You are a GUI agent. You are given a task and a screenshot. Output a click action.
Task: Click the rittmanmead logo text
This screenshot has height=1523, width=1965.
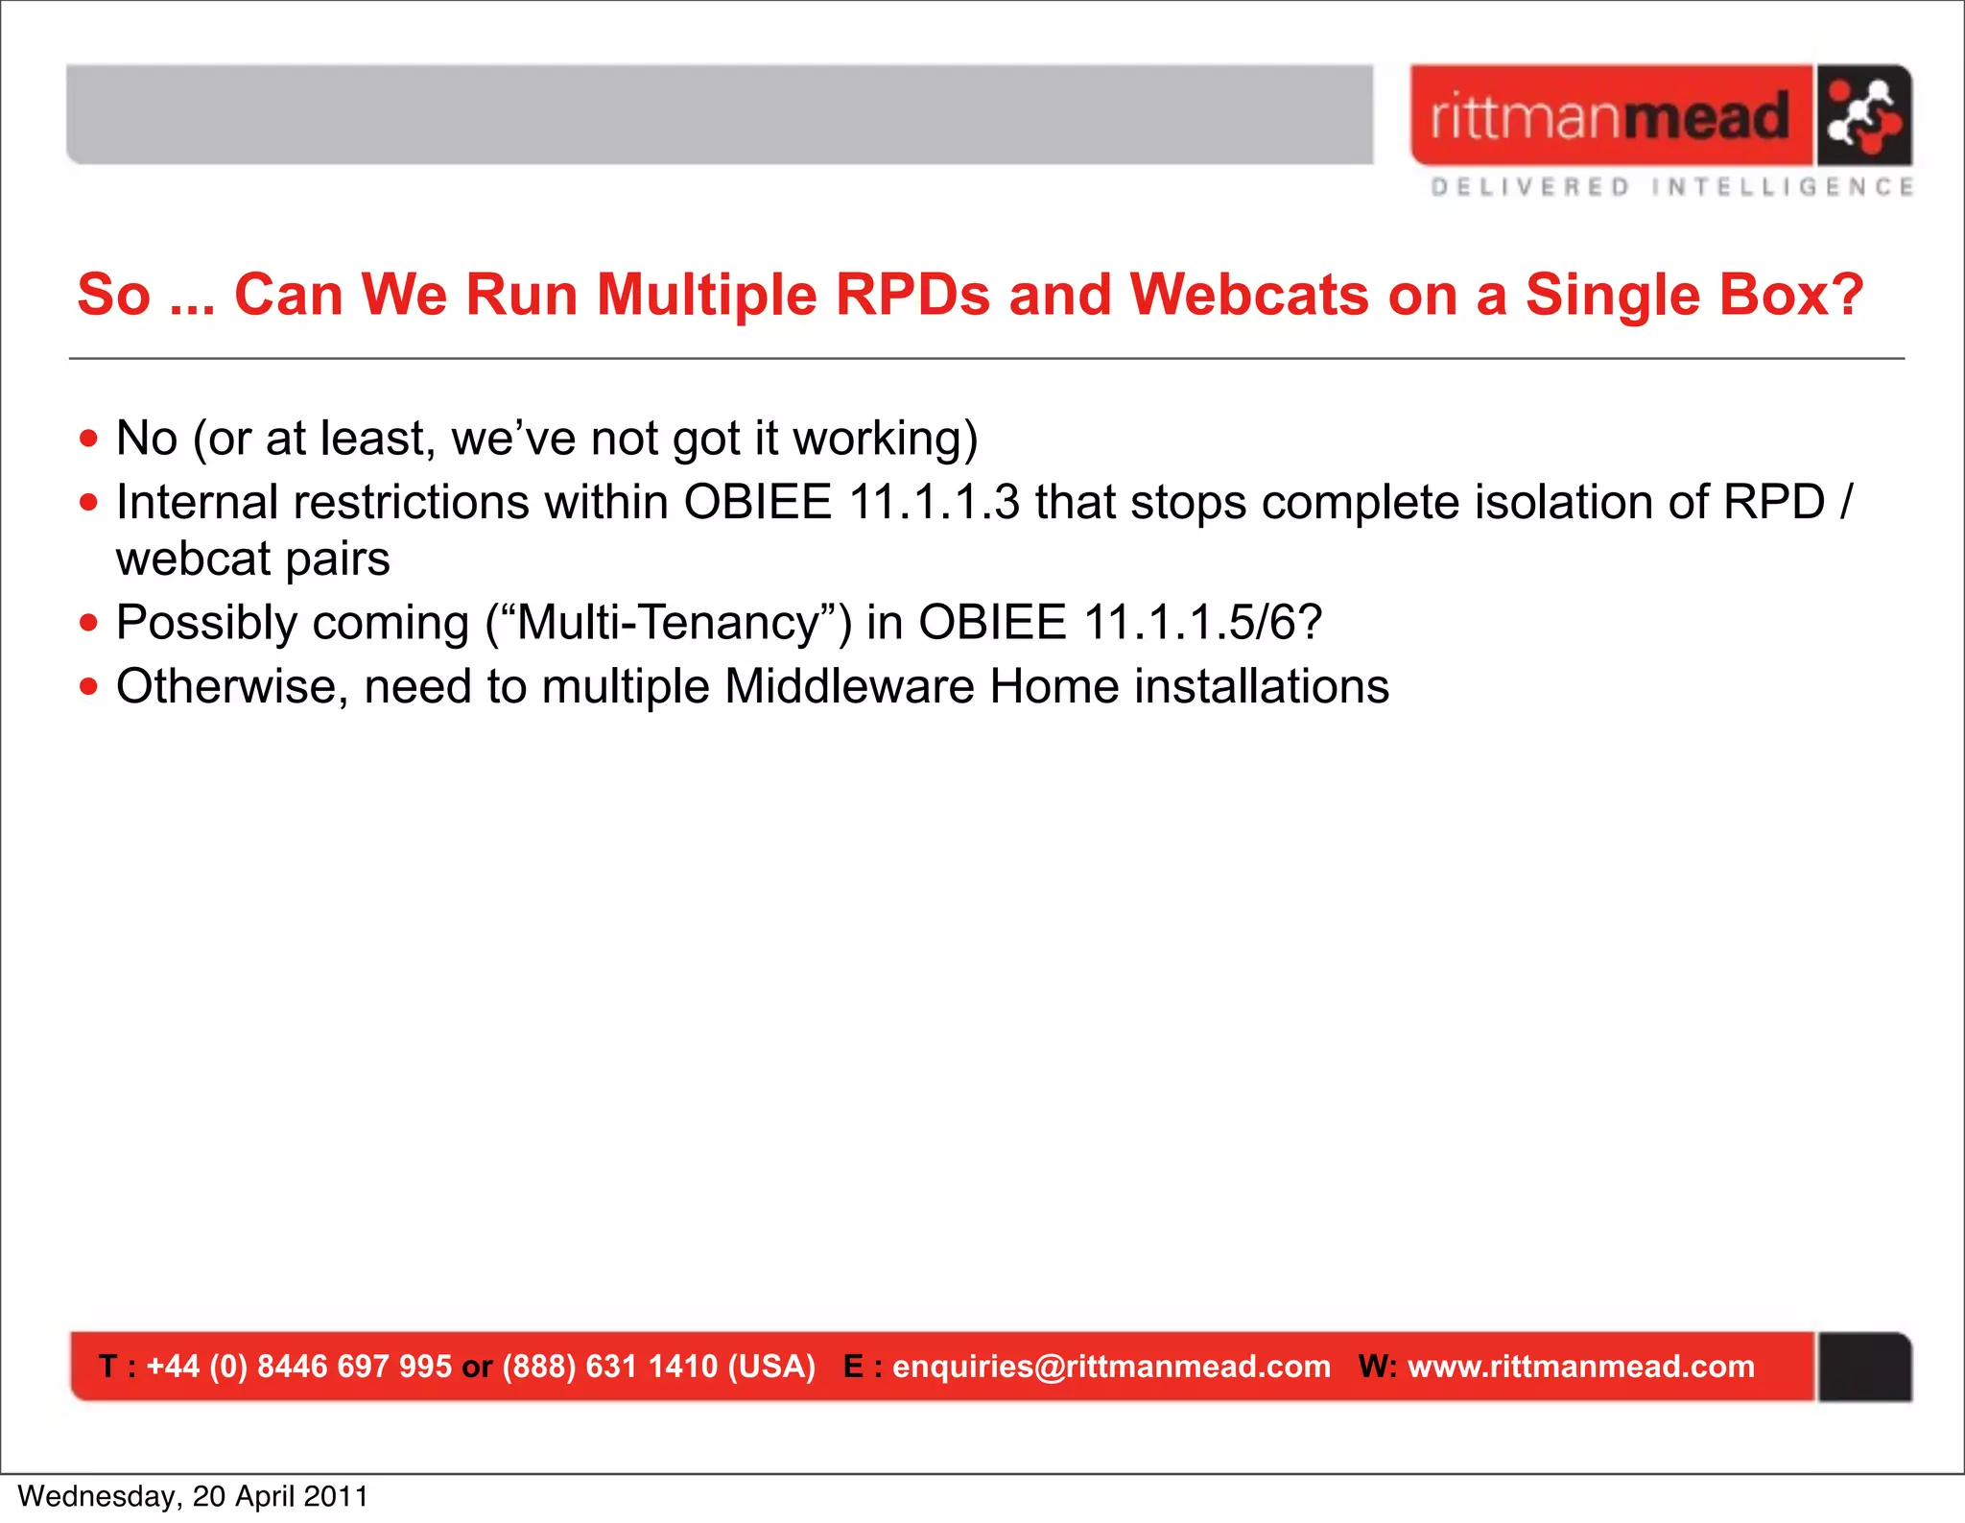tap(1610, 116)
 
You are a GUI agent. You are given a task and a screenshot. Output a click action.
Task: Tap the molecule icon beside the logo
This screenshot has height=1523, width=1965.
tap(1863, 115)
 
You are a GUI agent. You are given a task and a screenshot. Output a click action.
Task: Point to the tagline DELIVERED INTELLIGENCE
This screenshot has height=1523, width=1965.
tap(1671, 187)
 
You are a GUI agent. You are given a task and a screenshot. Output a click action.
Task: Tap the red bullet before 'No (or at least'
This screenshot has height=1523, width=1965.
tap(89, 439)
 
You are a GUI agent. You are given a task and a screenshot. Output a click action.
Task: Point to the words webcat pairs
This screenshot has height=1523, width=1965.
tap(252, 559)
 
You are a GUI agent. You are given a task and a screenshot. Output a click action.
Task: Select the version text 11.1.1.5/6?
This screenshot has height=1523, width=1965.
tap(1202, 623)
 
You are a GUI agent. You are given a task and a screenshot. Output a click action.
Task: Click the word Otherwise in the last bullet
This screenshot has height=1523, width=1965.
tap(231, 687)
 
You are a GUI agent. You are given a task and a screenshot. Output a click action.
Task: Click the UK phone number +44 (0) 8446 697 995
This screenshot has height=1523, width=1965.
tap(298, 1367)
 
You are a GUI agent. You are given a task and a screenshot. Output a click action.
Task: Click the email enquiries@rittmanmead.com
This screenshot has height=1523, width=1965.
tap(1111, 1367)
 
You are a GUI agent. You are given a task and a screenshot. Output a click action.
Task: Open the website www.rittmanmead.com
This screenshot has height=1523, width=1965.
tap(1580, 1367)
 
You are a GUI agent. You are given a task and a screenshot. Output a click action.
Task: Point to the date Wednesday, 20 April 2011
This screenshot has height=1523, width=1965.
tap(193, 1496)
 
